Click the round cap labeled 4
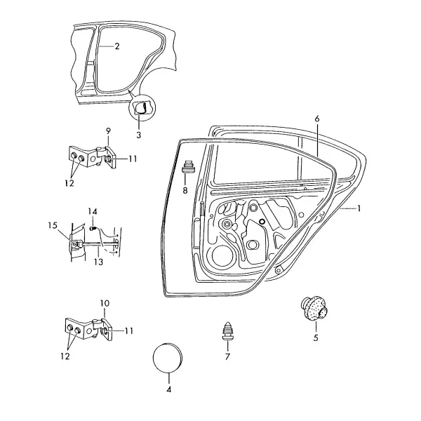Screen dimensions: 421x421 (x=168, y=358)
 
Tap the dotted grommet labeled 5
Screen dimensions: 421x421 (x=314, y=309)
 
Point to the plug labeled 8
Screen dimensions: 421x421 (x=188, y=167)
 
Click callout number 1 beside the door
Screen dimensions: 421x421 (x=359, y=208)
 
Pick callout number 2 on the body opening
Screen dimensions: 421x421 (x=116, y=46)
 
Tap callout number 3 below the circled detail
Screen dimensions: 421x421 (x=138, y=135)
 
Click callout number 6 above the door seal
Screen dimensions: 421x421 (x=317, y=119)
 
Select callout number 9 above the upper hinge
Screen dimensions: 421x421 (x=108, y=131)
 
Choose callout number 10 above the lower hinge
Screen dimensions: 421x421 (x=105, y=303)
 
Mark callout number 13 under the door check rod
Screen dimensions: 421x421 (x=98, y=262)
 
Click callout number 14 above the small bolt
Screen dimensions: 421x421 (x=93, y=212)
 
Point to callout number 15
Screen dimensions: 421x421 (x=53, y=225)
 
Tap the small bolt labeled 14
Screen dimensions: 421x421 (x=93, y=229)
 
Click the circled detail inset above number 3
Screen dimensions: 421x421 (x=142, y=107)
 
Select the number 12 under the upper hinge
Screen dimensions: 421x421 (x=69, y=183)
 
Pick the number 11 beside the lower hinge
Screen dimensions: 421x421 (x=129, y=330)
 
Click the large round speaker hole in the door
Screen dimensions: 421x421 (x=224, y=255)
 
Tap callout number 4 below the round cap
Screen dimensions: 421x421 (x=168, y=389)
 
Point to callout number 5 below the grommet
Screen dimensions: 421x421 (x=316, y=338)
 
